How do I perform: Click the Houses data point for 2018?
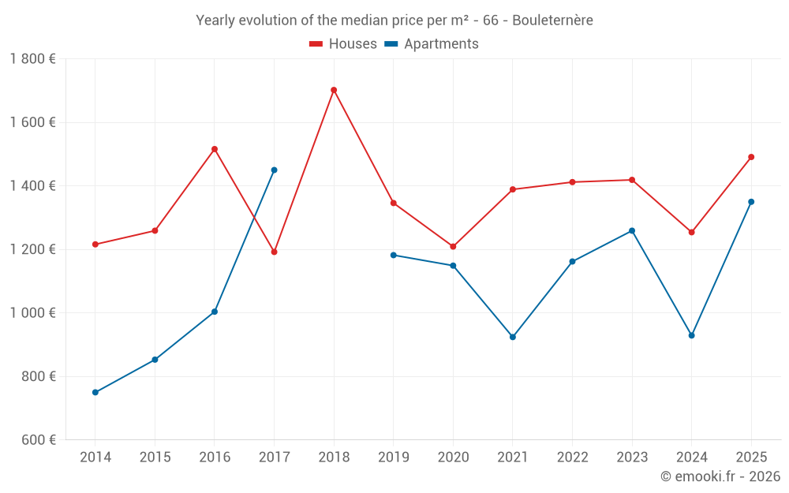click(x=334, y=90)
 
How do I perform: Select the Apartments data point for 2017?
click(x=274, y=170)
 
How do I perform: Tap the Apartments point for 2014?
click(x=95, y=392)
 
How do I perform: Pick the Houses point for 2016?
click(x=215, y=149)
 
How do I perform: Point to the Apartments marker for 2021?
click(x=513, y=337)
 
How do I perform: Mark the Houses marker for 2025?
click(x=751, y=157)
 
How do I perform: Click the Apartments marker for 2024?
click(x=692, y=335)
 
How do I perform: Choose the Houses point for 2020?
click(x=453, y=246)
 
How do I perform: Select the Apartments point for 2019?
click(x=393, y=255)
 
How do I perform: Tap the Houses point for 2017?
click(x=274, y=252)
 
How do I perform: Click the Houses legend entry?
click(x=343, y=44)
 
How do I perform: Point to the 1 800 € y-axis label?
click(x=32, y=59)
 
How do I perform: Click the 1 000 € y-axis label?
click(x=32, y=313)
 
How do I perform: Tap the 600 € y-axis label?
click(x=37, y=440)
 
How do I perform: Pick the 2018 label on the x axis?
click(x=334, y=458)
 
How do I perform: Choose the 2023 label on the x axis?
click(x=632, y=458)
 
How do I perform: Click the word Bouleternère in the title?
click(x=552, y=21)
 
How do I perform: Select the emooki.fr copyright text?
click(x=720, y=476)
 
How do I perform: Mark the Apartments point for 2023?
click(x=632, y=230)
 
